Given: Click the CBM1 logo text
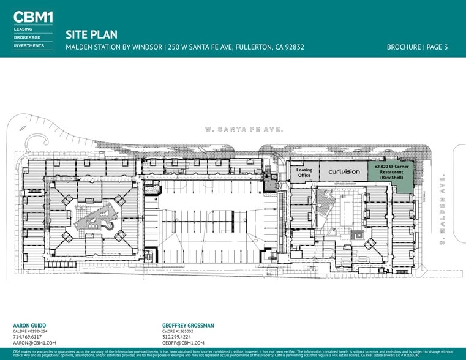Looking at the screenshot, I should pyautogui.click(x=33, y=17).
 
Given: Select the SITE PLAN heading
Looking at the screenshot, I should pyautogui.click(x=91, y=35).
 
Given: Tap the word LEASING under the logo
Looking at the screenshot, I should pyautogui.click(x=23, y=29).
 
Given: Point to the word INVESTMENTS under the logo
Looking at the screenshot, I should pyautogui.click(x=29, y=45).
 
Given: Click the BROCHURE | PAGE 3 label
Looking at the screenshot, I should pyautogui.click(x=417, y=47).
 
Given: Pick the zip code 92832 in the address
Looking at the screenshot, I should pyautogui.click(x=292, y=47).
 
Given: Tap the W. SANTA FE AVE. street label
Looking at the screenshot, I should pyautogui.click(x=243, y=130).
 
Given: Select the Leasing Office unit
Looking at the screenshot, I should pyautogui.click(x=304, y=173).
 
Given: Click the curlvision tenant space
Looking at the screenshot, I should pyautogui.click(x=344, y=171).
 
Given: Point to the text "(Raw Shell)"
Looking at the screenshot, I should pyautogui.click(x=391, y=178).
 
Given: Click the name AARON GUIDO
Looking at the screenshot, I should pyautogui.click(x=29, y=326).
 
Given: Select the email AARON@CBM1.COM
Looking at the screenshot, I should pyautogui.click(x=34, y=343).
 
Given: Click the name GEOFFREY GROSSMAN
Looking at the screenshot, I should pyautogui.click(x=188, y=326).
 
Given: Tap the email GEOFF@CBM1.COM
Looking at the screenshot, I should pyautogui.click(x=183, y=343).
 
